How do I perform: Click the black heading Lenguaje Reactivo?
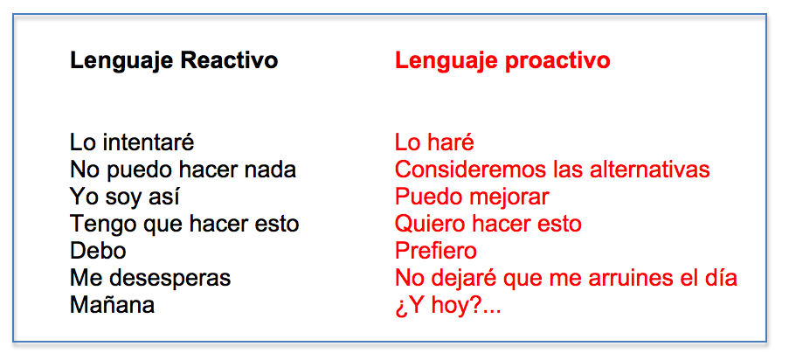pos(174,60)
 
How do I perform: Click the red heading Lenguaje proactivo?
pos(502,60)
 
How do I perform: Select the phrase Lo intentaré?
pos(132,142)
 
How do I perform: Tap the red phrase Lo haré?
pos(434,142)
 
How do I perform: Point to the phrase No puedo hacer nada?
pos(183,169)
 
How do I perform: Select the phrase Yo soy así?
pos(126,197)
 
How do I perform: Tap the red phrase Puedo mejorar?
pos(472,197)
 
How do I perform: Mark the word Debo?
pos(98,251)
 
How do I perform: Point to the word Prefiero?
pos(436,251)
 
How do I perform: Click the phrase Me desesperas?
pos(150,279)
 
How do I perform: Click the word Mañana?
pos(112,306)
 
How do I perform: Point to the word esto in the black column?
pos(273,224)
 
